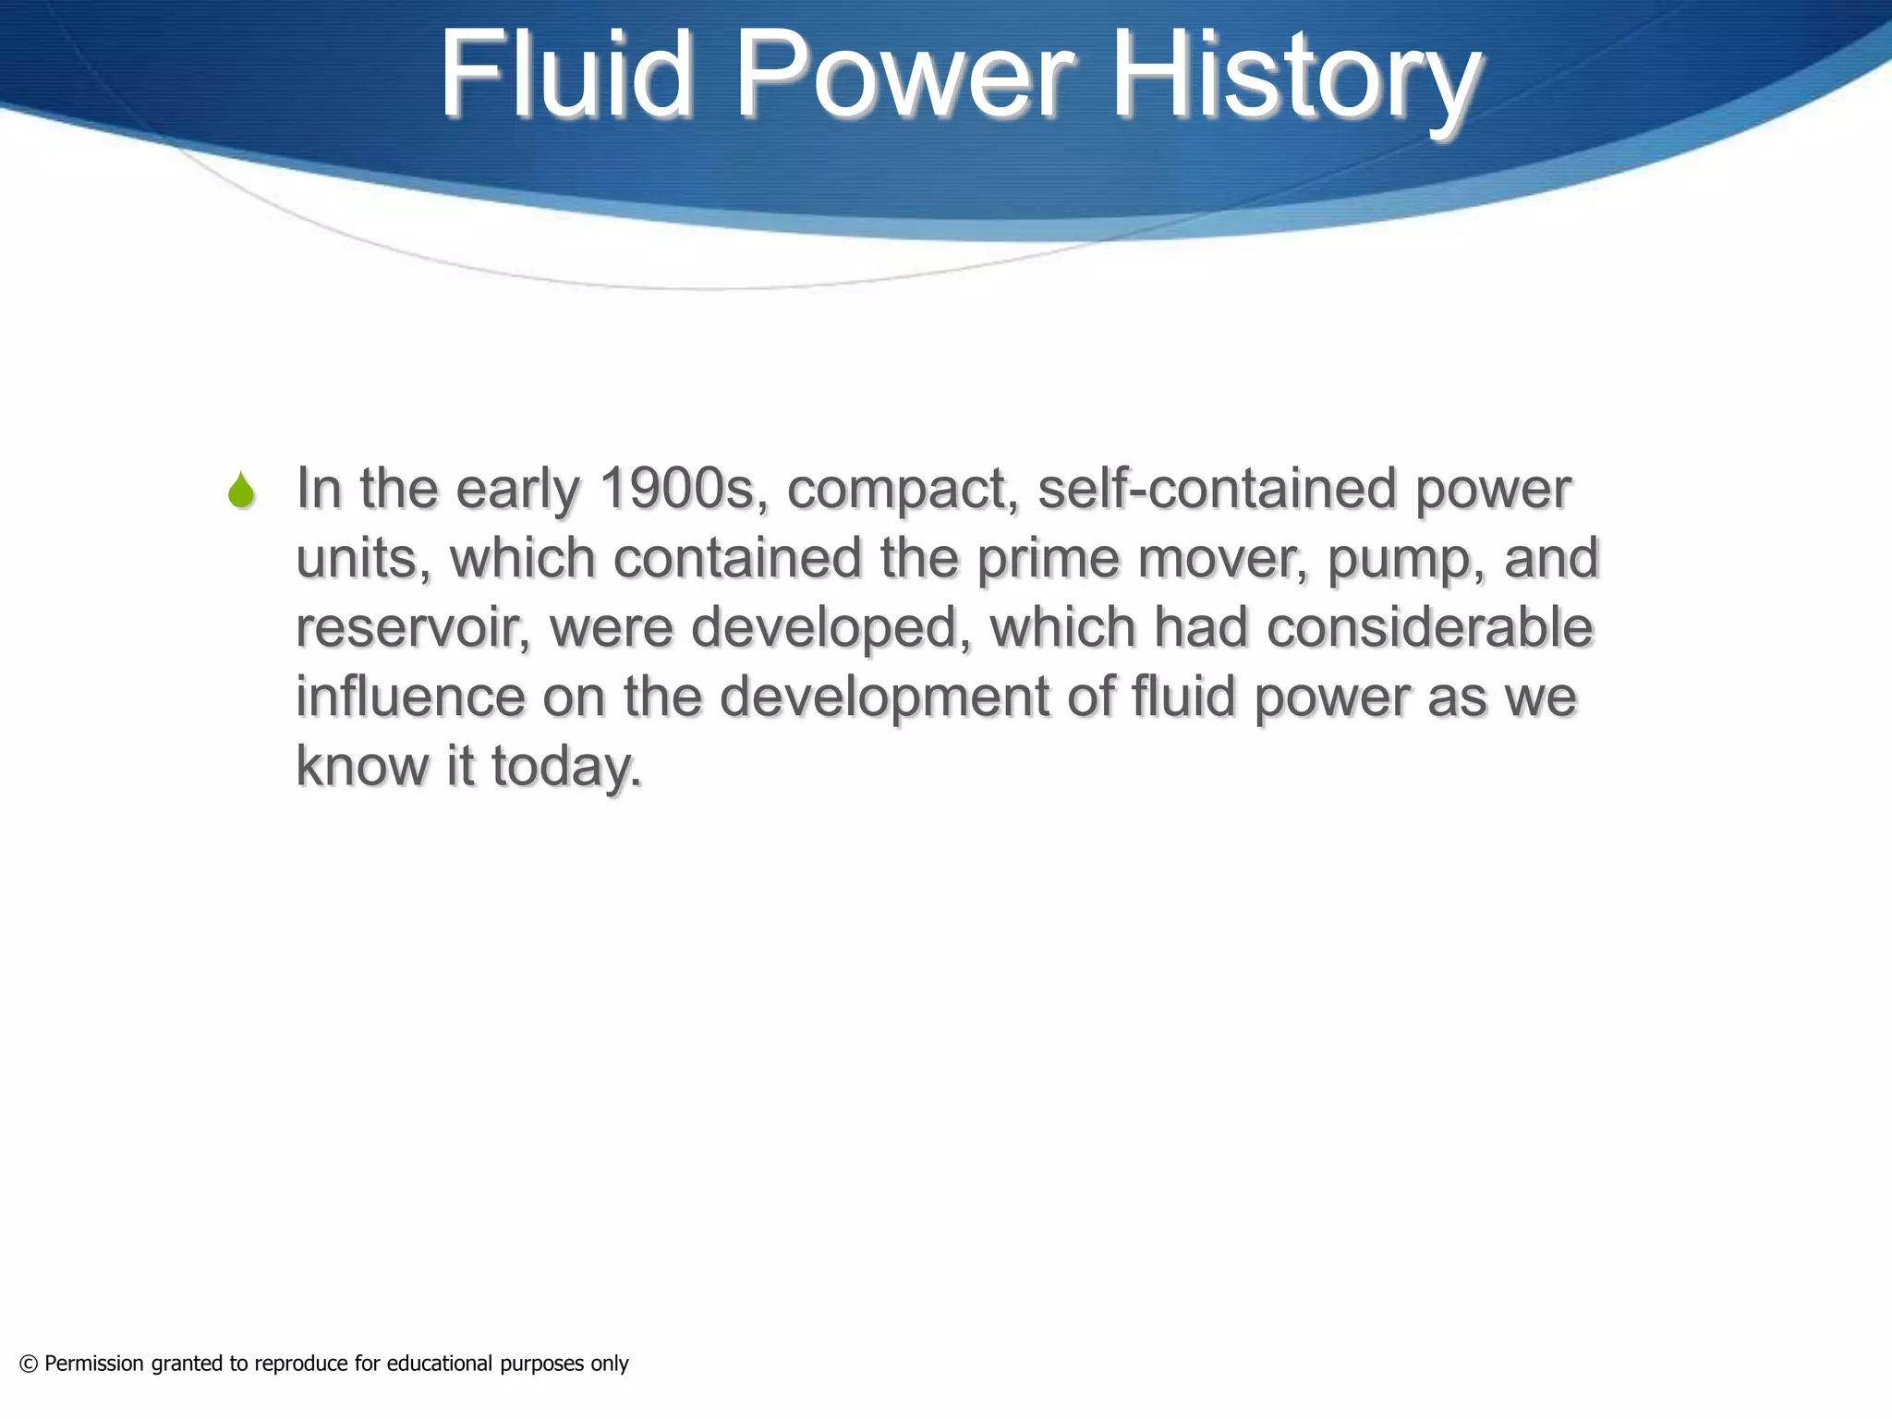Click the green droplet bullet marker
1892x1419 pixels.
[241, 491]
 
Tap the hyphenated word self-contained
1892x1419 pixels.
[1216, 489]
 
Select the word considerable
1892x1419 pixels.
[1429, 628]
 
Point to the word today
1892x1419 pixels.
[566, 768]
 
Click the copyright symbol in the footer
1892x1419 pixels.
[29, 1364]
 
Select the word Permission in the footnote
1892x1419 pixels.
[94, 1364]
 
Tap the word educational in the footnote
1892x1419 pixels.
[439, 1364]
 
